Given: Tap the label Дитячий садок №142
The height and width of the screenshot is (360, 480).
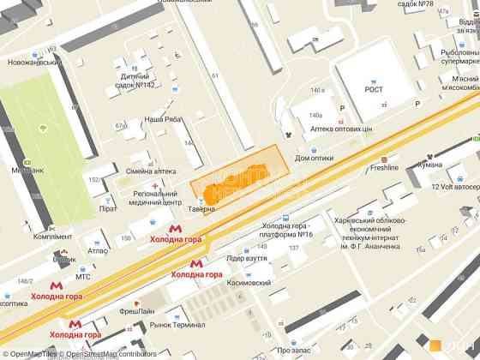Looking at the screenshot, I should coord(137,80).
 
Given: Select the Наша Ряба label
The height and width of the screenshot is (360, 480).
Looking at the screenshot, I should coord(162,119).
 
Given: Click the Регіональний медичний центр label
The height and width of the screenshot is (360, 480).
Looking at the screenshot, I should coord(155,199).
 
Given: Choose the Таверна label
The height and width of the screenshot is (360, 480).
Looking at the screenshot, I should coord(203,208).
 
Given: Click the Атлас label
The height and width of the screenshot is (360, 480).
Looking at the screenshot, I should coord(98,251).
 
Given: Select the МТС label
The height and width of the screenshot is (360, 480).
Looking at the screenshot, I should coord(83,277).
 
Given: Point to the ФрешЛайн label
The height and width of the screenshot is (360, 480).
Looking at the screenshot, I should coord(137,310).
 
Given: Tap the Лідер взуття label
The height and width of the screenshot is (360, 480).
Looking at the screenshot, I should coord(246,257).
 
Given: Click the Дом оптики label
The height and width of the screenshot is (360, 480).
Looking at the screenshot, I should coord(313,158).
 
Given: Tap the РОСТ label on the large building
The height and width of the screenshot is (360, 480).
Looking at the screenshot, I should coord(374,87).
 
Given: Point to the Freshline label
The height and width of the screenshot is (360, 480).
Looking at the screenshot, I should coord(384,168).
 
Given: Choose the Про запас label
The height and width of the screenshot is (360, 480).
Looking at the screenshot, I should coord(295,350).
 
